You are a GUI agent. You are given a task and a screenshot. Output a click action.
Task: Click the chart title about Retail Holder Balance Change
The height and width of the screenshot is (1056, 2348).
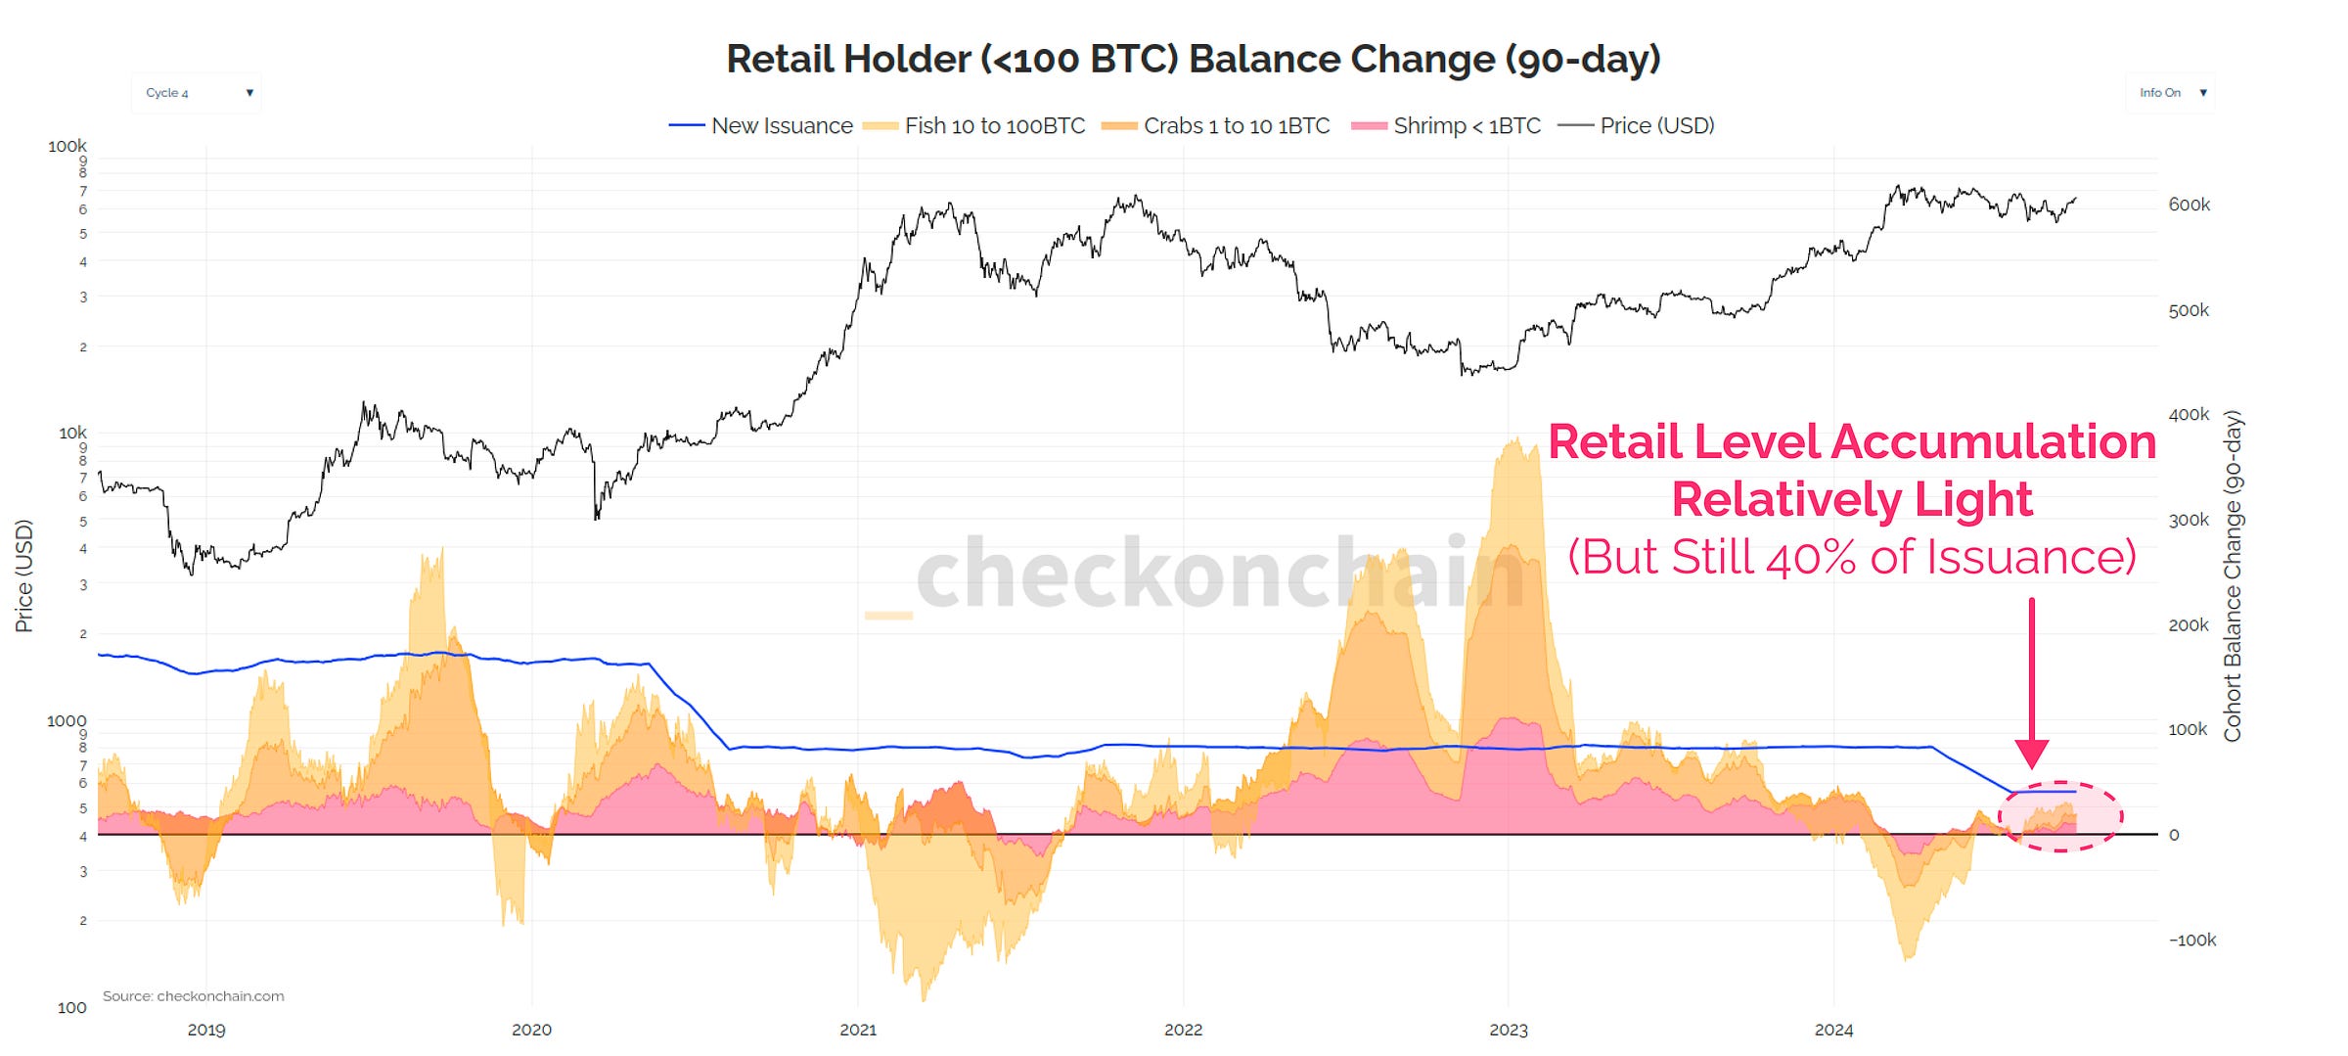tap(1193, 60)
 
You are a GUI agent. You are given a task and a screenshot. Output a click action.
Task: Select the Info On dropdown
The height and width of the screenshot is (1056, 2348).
tap(2170, 93)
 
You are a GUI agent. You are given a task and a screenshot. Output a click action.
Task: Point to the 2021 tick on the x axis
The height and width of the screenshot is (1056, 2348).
tap(858, 1030)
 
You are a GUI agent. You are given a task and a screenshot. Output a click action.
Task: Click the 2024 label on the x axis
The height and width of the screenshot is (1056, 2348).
tap(1833, 1030)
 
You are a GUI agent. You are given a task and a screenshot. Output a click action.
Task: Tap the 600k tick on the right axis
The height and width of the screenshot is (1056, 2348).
tap(2189, 205)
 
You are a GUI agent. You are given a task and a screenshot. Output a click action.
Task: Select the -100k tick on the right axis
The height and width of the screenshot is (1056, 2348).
tap(2191, 940)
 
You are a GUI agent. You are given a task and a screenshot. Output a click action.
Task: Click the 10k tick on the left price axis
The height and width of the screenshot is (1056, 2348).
tap(72, 433)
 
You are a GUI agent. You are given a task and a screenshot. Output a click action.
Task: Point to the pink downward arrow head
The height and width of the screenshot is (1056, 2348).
tap(2032, 754)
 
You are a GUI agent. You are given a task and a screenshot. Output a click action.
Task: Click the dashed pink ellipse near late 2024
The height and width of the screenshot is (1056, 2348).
tap(2059, 816)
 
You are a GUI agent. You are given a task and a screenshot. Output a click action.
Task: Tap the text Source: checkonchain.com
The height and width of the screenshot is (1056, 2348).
tap(193, 996)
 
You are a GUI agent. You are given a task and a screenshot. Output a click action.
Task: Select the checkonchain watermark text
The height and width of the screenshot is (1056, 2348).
tap(1218, 574)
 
